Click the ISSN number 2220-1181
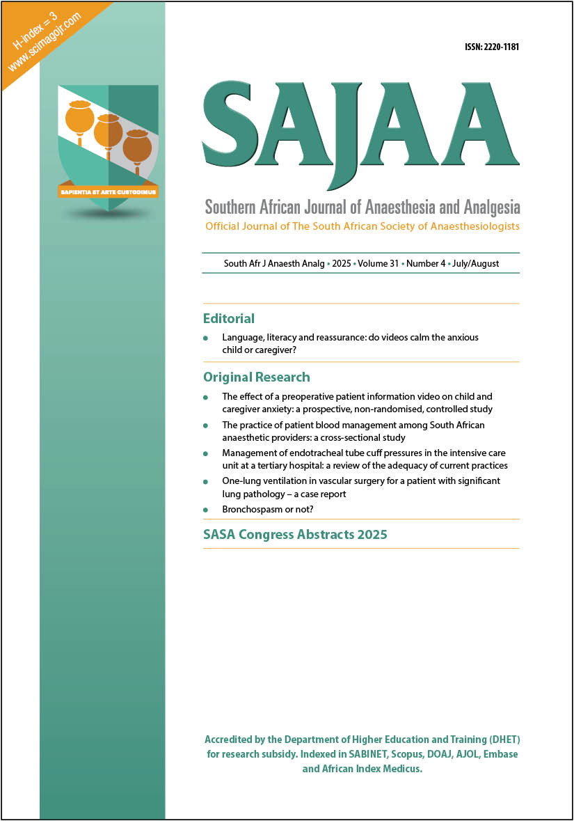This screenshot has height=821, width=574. pos(492,47)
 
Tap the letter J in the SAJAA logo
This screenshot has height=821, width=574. pos(336,139)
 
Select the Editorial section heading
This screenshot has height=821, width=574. pos(229,319)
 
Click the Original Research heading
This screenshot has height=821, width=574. pos(257,377)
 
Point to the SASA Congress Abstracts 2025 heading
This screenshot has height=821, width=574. pos(295,535)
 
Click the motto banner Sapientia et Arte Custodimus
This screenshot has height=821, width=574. pos(108,190)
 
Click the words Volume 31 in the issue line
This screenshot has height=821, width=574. pos(376,265)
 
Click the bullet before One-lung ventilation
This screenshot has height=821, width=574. pos(205,482)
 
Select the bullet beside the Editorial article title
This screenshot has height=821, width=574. pos(205,338)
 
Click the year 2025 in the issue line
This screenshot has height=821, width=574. pos(342,265)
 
